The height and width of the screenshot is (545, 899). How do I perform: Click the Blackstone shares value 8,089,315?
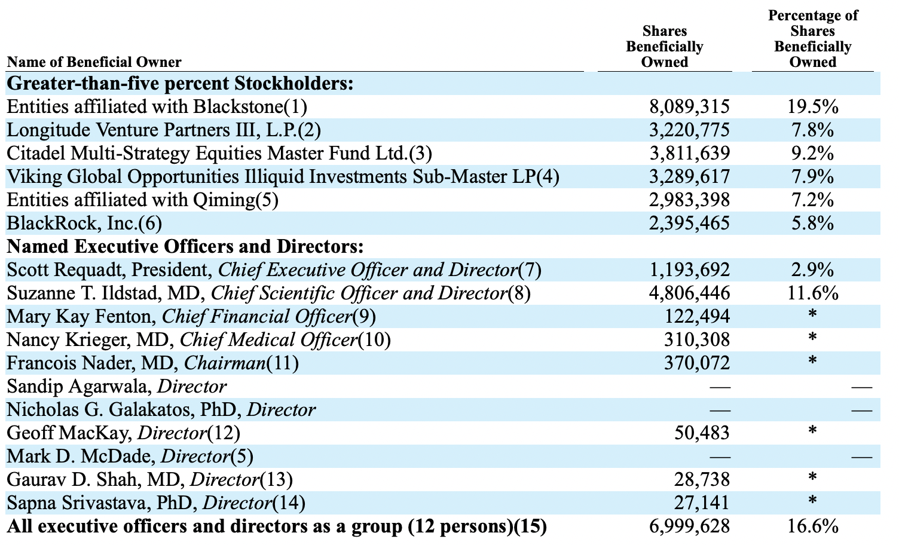tap(689, 107)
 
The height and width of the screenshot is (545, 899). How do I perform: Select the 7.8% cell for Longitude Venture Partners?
tap(812, 130)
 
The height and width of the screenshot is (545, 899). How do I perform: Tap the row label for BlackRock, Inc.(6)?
tap(84, 223)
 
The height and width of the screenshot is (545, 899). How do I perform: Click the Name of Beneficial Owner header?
tap(94, 62)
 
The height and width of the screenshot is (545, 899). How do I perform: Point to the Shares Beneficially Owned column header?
tap(664, 47)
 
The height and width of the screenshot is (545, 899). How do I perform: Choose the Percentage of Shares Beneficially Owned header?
tap(812, 39)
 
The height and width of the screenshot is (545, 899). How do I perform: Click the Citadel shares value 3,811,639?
tap(689, 154)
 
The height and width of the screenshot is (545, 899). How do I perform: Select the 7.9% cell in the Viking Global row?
tap(812, 177)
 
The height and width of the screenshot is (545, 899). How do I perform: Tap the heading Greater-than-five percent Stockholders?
tap(180, 84)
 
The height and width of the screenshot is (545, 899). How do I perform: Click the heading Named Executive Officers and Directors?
tap(185, 247)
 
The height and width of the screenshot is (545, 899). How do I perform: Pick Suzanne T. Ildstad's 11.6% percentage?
tap(812, 293)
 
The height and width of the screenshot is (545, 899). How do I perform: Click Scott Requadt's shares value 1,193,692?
tap(689, 270)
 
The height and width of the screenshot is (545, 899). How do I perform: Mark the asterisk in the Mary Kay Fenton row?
tap(812, 316)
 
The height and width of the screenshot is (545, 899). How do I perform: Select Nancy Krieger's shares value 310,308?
tap(696, 340)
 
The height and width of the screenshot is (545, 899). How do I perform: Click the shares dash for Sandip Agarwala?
tap(719, 387)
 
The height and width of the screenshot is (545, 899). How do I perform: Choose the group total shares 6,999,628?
tap(689, 526)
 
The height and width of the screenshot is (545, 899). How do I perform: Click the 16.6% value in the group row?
tap(812, 526)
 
